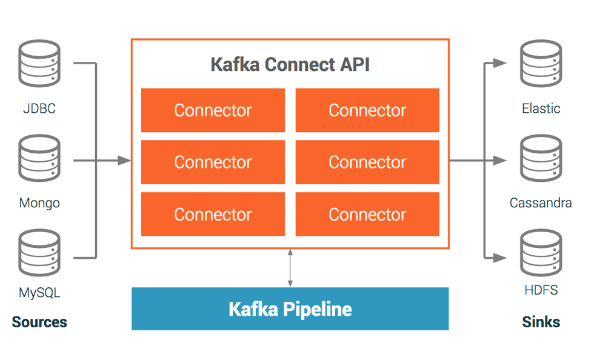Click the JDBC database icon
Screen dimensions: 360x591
39,63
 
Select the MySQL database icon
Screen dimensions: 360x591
39,252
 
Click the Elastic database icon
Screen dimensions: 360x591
541,63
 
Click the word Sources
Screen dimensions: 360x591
39,322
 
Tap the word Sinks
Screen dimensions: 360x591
541,322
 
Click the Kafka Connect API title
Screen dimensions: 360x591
290,64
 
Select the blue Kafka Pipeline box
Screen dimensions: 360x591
290,309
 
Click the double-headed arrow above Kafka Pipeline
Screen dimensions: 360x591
290,268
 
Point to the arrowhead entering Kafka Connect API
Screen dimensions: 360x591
125,161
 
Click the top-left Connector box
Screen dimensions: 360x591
213,110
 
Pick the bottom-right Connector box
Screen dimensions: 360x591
367,215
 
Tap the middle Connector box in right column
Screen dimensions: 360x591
367,162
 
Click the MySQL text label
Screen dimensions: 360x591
39,293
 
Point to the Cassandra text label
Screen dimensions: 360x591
541,203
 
